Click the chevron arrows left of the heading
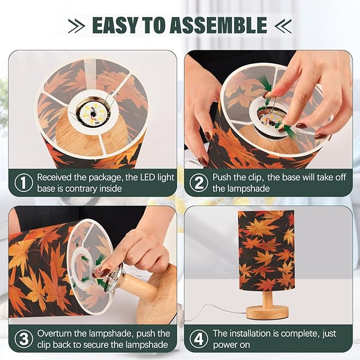[77, 26]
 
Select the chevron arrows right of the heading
[283, 26]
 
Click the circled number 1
[24, 182]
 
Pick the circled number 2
[199, 182]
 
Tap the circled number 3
[24, 339]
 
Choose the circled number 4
[199, 339]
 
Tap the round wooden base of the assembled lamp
[267, 312]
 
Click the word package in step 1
[105, 178]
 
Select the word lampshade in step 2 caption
[241, 189]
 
